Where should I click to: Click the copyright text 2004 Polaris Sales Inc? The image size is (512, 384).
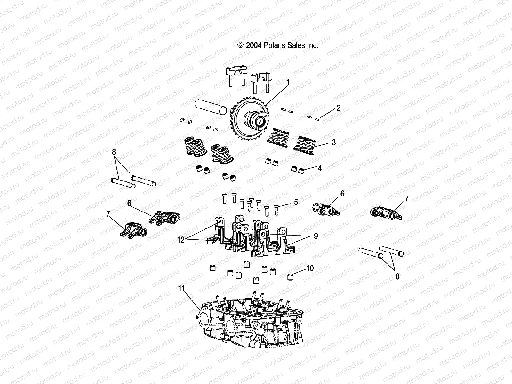278,45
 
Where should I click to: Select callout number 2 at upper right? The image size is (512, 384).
338,108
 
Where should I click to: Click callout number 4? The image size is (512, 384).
320,168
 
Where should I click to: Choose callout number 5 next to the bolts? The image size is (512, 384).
296,202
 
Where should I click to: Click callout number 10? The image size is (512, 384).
310,268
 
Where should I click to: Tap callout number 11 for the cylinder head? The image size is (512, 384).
181,288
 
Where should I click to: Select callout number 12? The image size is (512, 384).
181,239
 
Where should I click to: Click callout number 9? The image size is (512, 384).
316,236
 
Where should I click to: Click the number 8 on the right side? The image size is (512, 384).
397,276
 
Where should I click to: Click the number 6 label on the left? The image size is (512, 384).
129,203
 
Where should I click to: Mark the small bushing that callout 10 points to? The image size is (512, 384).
290,277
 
